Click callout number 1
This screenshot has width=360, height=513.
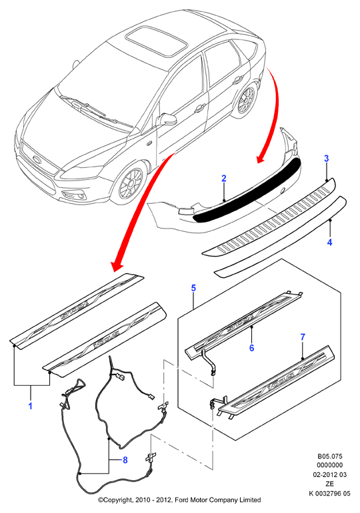pyautogui.click(x=31, y=406)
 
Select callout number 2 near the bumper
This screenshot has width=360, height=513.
pyautogui.click(x=224, y=179)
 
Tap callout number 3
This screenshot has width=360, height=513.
pyautogui.click(x=326, y=159)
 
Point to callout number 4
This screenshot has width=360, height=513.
pyautogui.click(x=329, y=243)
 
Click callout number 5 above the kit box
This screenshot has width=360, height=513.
pyautogui.click(x=193, y=288)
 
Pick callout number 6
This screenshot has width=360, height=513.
pyautogui.click(x=251, y=348)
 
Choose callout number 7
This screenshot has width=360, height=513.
pyautogui.click(x=303, y=337)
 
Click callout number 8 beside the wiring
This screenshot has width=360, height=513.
pyautogui.click(x=125, y=460)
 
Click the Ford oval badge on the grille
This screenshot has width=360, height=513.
pyautogui.click(x=37, y=159)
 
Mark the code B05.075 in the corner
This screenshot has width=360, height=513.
pyautogui.click(x=329, y=456)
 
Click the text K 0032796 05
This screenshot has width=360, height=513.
pyautogui.click(x=329, y=493)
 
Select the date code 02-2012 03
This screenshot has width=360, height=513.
pyautogui.click(x=329, y=475)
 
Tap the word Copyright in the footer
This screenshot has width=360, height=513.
pyautogui.click(x=118, y=500)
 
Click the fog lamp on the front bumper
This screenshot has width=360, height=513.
pyautogui.click(x=74, y=196)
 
